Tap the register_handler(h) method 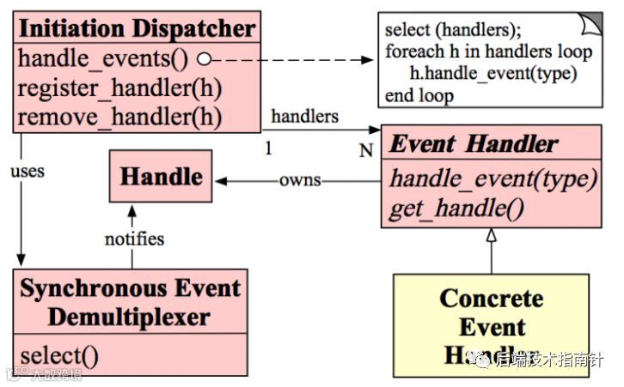(119, 88)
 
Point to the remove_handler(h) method (119, 115)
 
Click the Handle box (162, 177)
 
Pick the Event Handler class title (474, 143)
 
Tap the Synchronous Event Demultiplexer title (130, 302)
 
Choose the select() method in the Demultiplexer (58, 354)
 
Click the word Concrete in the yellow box (492, 298)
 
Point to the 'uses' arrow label (28, 171)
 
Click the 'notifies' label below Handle (135, 238)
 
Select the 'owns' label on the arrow (299, 180)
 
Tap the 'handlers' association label (303, 116)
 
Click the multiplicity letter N (365, 151)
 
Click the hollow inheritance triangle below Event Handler (491, 233)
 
